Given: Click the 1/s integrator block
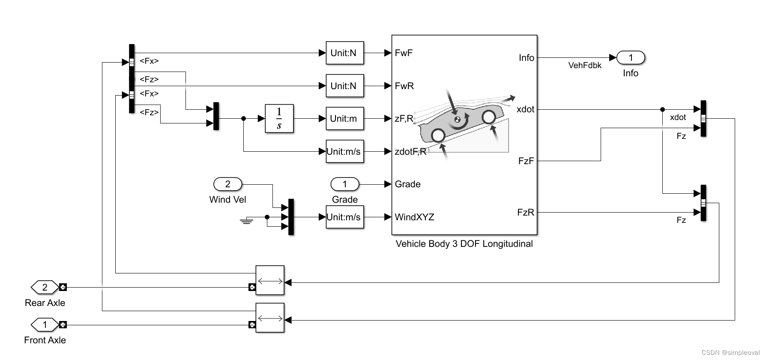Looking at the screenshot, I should point(279,118).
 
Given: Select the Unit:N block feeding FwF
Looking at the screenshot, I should point(344,53).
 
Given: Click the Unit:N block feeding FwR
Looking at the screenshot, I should point(344,86).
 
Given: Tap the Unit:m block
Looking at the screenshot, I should point(344,118).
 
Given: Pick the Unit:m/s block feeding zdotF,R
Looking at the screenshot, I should point(344,151).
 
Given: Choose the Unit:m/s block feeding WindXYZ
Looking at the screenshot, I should point(344,217).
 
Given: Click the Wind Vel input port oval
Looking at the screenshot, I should point(227,184).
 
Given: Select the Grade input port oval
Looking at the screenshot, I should point(344,184).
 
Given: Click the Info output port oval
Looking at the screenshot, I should point(630,57).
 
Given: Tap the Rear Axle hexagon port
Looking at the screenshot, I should point(45,287).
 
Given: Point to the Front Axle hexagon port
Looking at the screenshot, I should point(45,325).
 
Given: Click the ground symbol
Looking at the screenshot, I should point(246,221).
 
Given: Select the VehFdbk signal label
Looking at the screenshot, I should point(585,66).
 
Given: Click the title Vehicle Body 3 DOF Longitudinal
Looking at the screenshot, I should point(464,244).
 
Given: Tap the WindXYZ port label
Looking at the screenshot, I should point(414,217).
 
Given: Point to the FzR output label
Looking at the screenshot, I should point(526,212).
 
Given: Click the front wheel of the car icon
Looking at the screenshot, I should point(488,117).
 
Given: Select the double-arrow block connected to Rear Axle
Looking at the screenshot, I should point(270,280).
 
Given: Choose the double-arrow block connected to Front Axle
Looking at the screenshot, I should point(270,318).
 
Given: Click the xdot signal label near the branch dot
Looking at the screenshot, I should point(678,117).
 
